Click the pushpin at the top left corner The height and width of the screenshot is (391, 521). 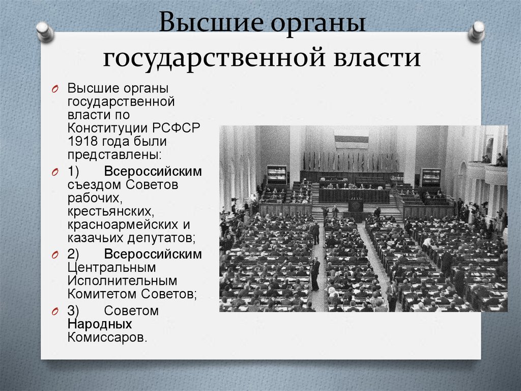(45, 31)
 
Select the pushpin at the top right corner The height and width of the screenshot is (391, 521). (477, 31)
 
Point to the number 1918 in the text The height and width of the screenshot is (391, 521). (82, 140)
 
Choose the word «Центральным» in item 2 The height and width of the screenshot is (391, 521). (111, 267)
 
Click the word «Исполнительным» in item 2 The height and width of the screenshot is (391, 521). (122, 280)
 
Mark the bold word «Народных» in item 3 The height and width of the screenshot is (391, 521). (99, 324)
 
